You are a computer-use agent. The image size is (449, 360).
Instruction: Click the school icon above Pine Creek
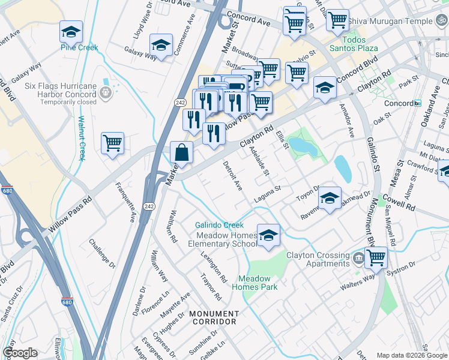point(71,31)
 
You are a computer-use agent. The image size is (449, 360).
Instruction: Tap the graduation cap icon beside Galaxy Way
point(161,45)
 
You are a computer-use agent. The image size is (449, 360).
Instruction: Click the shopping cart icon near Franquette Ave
point(112,144)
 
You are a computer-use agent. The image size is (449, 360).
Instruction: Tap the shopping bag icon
point(182,152)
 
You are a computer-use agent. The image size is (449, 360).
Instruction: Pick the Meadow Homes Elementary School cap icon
point(268,235)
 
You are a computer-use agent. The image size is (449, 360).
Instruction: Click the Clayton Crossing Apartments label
point(318,259)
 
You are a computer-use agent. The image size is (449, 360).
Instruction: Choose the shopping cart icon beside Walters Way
point(376,258)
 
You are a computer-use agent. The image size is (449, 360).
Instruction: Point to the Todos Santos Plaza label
point(352,47)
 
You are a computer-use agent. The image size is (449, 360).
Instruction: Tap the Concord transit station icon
point(418,103)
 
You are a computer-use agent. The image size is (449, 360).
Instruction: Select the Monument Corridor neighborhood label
point(214,317)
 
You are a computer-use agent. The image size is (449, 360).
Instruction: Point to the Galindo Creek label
point(218,225)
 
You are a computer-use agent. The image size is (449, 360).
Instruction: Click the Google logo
point(20,353)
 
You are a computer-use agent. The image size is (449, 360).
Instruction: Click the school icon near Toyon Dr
point(330,199)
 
